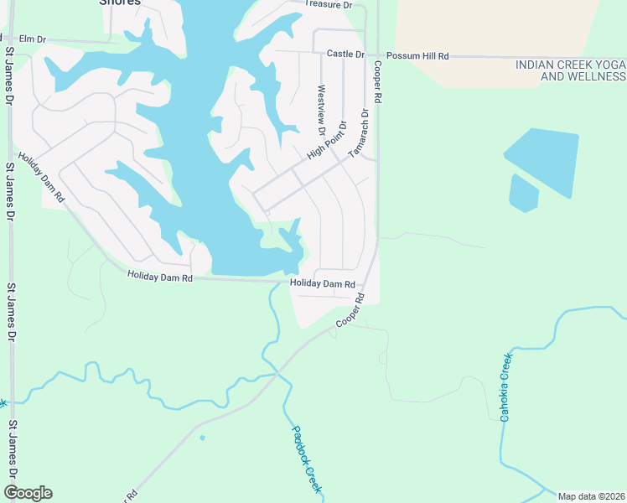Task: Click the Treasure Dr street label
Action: click(x=329, y=5)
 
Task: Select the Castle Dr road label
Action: click(x=345, y=54)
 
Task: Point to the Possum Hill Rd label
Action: click(x=417, y=55)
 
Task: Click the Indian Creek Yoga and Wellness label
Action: click(x=570, y=70)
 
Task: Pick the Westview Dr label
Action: click(x=321, y=110)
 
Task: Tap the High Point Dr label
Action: click(x=327, y=141)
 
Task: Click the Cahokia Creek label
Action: click(x=506, y=386)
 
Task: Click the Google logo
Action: click(x=28, y=493)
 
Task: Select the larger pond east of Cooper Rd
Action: click(x=543, y=159)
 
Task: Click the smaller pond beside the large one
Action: click(x=523, y=194)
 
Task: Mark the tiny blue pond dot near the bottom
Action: click(x=202, y=437)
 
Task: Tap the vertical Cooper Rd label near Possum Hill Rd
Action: click(x=378, y=81)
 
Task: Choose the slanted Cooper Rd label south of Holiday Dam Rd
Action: click(x=351, y=311)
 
